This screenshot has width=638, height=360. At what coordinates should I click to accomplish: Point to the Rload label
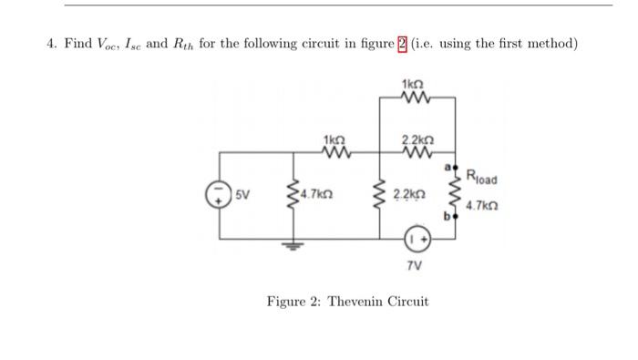click(480, 176)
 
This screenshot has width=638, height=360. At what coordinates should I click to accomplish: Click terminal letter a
click(448, 167)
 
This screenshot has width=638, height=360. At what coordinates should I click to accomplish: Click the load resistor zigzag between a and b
click(455, 193)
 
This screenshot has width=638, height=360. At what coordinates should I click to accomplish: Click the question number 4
click(51, 43)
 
